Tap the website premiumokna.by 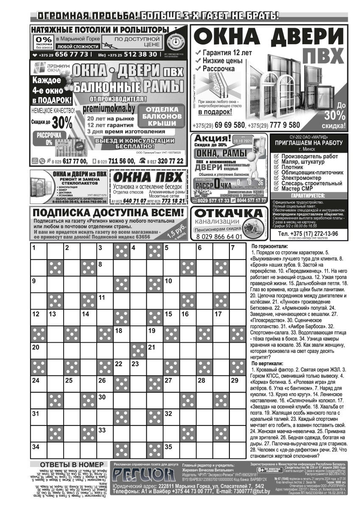[109, 109]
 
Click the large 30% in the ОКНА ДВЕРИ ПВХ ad [335, 115]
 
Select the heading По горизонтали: [269, 246]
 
